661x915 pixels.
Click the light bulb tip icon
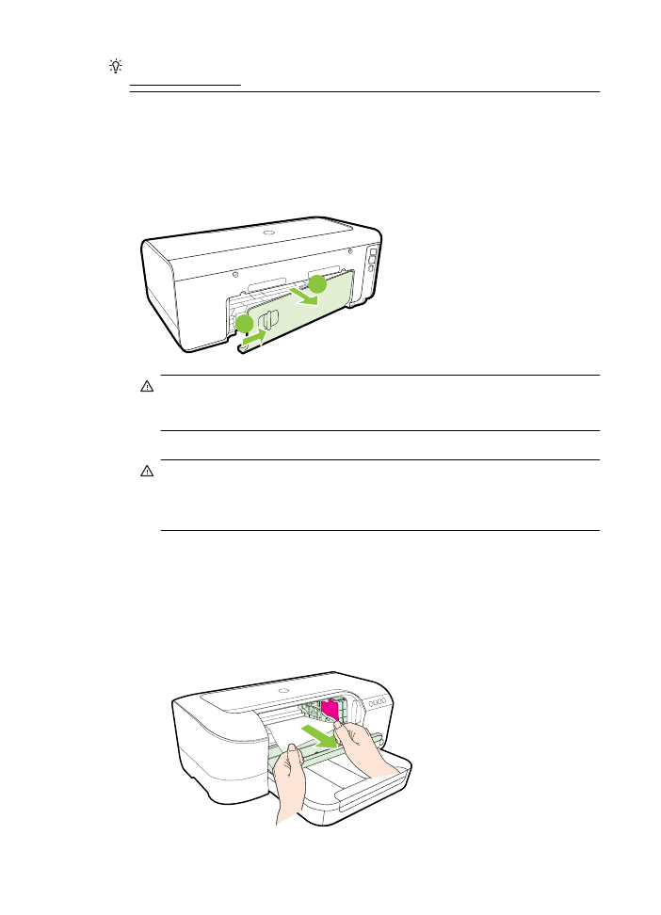pyautogui.click(x=116, y=66)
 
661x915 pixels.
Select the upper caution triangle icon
pyautogui.click(x=148, y=386)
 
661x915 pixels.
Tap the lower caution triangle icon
pyautogui.click(x=148, y=471)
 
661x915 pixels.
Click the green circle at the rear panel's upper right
pyautogui.click(x=318, y=283)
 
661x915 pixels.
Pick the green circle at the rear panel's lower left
pyautogui.click(x=245, y=326)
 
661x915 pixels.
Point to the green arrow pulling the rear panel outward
pyautogui.click(x=308, y=298)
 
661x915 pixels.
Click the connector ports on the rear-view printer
pyautogui.click(x=372, y=261)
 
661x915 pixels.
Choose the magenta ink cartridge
pyautogui.click(x=330, y=713)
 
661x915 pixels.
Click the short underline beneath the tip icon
pyautogui.click(x=185, y=84)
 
